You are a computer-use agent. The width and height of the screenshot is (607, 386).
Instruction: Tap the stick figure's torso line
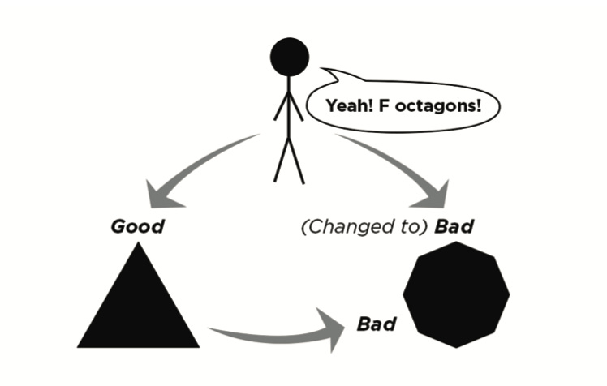click(x=289, y=109)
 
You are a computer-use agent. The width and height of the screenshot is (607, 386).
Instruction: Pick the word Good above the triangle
click(x=136, y=226)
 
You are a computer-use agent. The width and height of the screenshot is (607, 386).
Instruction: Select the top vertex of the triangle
click(x=138, y=245)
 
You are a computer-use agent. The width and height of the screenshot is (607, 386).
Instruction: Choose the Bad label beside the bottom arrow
click(x=377, y=325)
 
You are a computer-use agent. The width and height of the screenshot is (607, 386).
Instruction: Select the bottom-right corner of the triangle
click(x=197, y=345)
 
